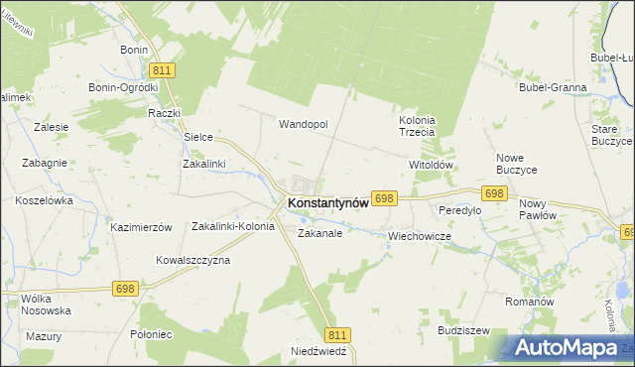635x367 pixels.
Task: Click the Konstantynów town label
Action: coord(327,202)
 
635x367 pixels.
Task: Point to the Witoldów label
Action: coord(431,165)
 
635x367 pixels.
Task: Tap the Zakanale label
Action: coord(319,234)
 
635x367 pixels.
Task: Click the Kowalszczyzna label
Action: coord(192,260)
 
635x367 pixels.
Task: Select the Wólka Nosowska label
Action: coord(46,304)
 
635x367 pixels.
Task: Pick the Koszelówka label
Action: coord(45,199)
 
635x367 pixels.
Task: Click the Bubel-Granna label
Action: coord(553,87)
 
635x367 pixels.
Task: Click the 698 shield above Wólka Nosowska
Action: coord(125,289)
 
